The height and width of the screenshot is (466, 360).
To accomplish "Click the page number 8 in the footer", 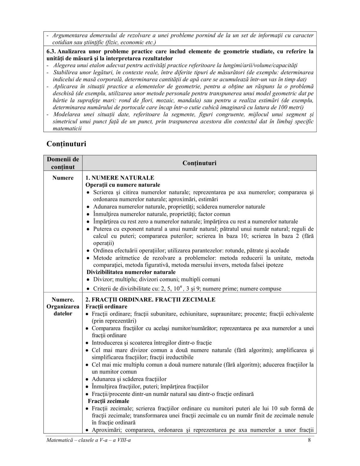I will point(309,440).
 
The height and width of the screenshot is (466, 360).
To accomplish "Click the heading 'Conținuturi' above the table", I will point(66,144).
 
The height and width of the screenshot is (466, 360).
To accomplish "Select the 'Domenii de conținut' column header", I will point(63,163).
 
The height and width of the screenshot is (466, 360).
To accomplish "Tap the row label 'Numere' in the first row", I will point(63,178).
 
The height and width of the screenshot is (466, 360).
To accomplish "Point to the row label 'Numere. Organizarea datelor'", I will point(63,306).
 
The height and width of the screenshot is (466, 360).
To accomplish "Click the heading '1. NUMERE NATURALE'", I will point(120,178).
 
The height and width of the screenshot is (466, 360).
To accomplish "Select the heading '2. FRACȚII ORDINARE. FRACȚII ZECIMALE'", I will point(150,299).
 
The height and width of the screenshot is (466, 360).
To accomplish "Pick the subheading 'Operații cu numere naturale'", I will point(123,185).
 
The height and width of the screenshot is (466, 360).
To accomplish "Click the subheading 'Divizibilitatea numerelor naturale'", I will point(131,272).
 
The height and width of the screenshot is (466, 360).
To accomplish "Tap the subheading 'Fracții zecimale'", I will point(108,401).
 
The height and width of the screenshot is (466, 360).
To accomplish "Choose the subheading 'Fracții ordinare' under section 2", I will point(106,307).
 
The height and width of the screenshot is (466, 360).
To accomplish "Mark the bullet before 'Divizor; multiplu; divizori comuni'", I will point(88,280).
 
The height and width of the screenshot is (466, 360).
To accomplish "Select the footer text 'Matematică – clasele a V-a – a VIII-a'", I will point(89,440).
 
